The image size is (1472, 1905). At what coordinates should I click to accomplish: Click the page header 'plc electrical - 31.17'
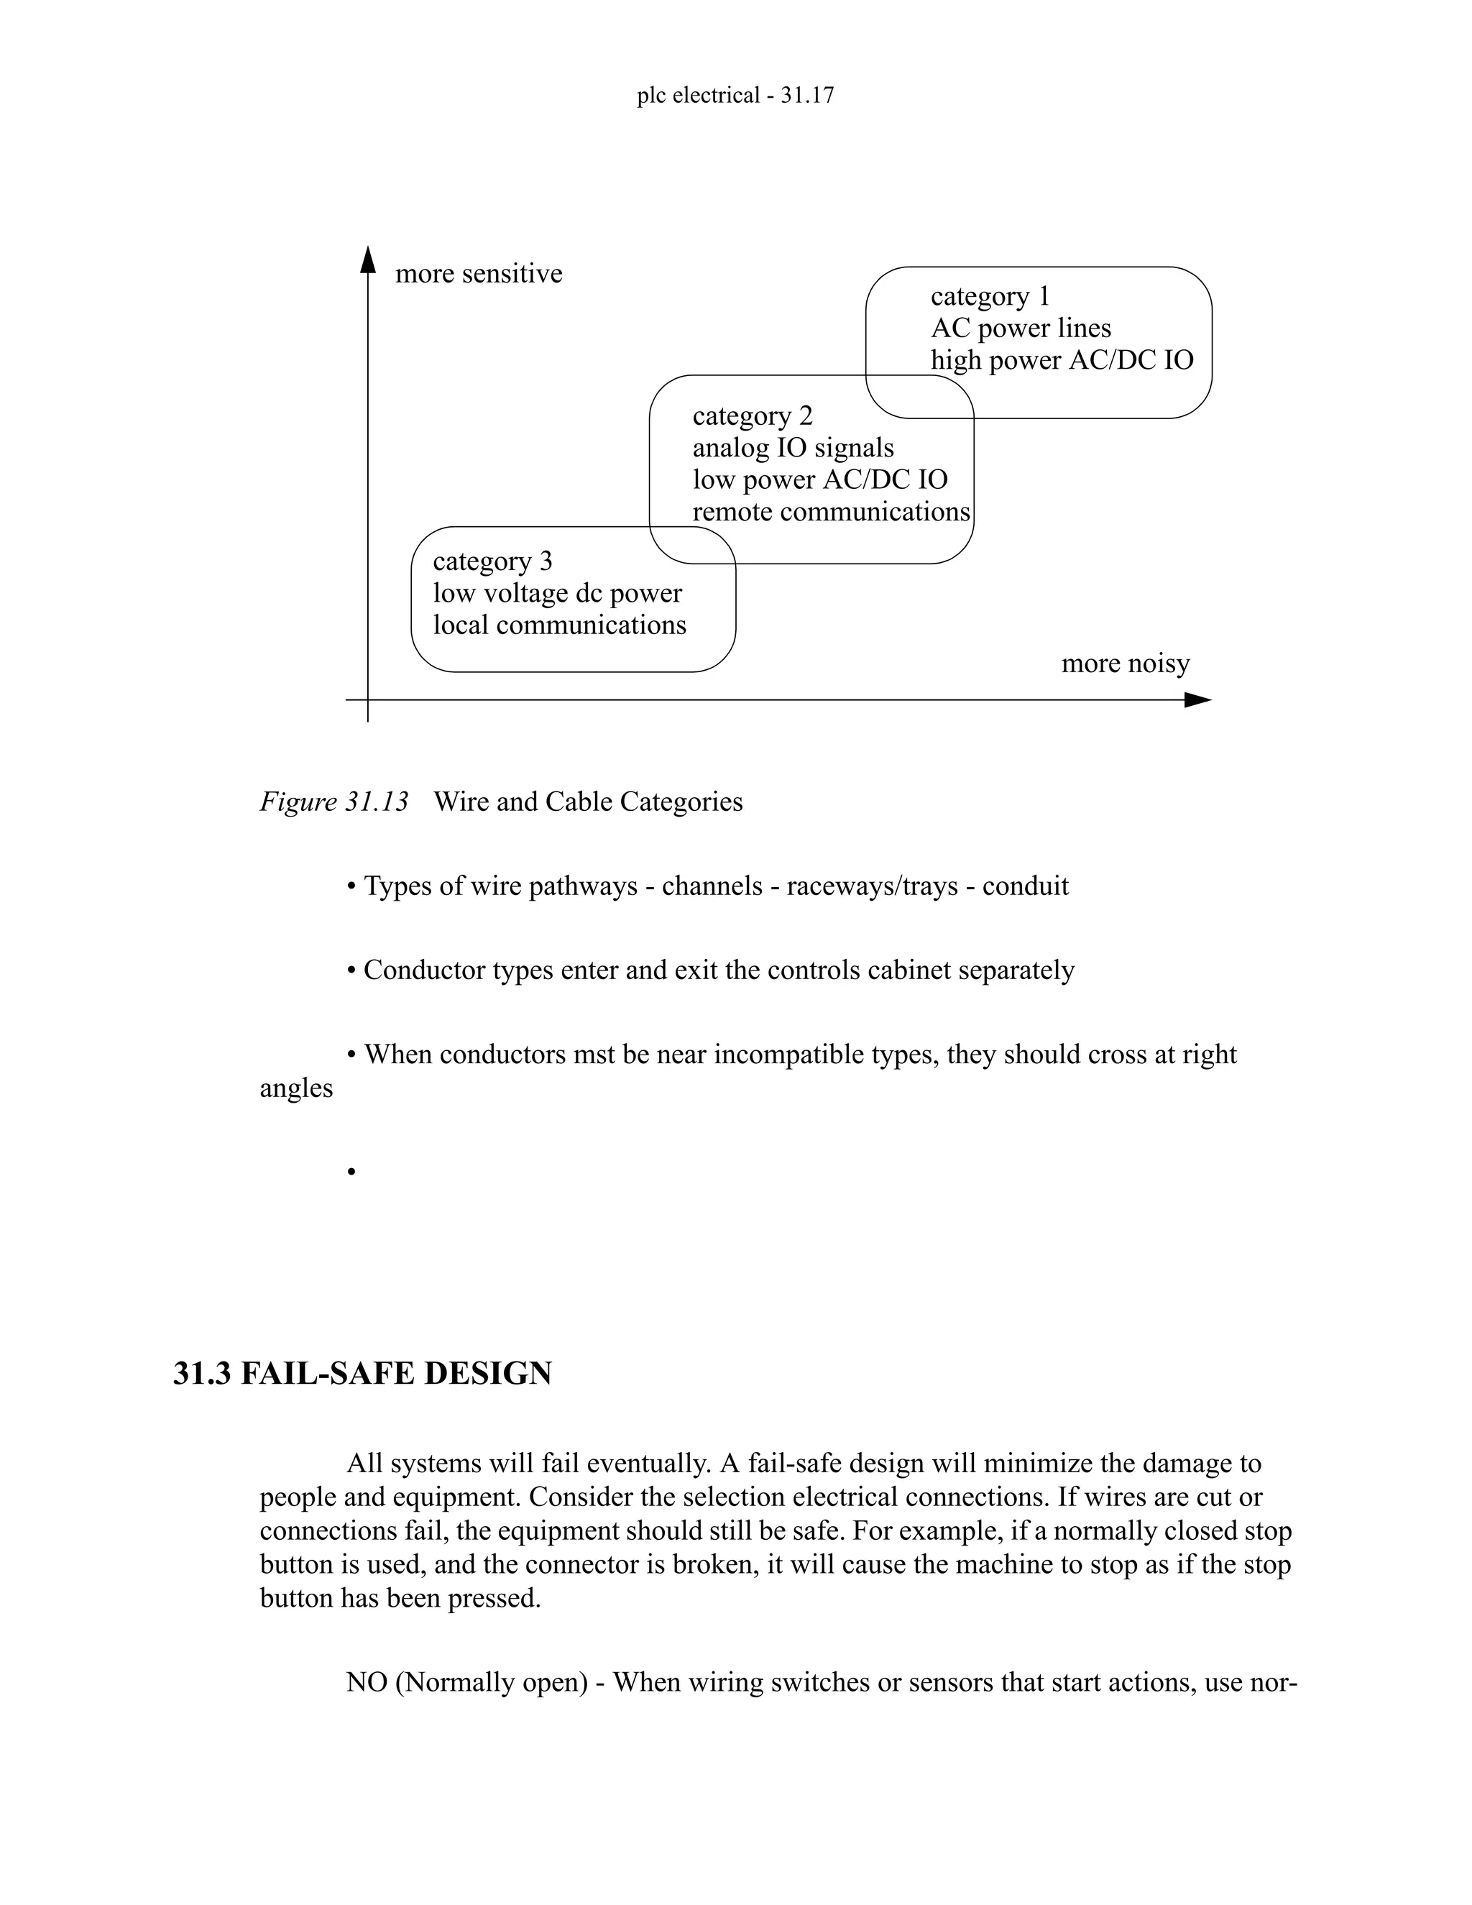(x=735, y=95)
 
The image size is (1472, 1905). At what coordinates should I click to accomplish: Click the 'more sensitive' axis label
(x=479, y=274)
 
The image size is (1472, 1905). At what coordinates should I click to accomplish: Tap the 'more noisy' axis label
(x=1125, y=664)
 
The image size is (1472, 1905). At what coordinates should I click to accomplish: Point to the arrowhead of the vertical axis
(x=368, y=258)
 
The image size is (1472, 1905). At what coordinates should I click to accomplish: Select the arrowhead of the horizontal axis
(x=1198, y=700)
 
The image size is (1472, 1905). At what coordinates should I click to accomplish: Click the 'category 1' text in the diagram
(x=990, y=297)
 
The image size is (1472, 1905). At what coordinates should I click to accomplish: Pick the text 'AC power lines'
(x=1021, y=329)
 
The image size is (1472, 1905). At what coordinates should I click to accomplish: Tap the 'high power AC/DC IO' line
(x=1062, y=360)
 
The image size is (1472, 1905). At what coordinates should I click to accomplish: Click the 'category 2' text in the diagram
(x=752, y=416)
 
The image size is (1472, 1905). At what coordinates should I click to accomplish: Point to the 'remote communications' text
(x=830, y=512)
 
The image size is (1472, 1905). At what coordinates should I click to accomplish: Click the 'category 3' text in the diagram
(x=492, y=561)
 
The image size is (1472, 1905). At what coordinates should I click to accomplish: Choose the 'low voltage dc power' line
(x=557, y=593)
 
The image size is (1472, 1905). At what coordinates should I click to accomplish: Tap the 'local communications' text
(x=559, y=625)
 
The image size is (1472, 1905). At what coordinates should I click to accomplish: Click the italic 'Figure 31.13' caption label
(x=333, y=802)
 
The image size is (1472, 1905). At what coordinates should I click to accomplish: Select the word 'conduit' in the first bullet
(x=1025, y=886)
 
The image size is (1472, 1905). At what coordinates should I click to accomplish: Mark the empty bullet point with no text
(x=351, y=1172)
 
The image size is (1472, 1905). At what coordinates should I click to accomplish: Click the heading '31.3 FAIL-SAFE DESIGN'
(x=362, y=1373)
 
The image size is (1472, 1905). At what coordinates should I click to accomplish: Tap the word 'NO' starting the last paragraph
(x=365, y=1683)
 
